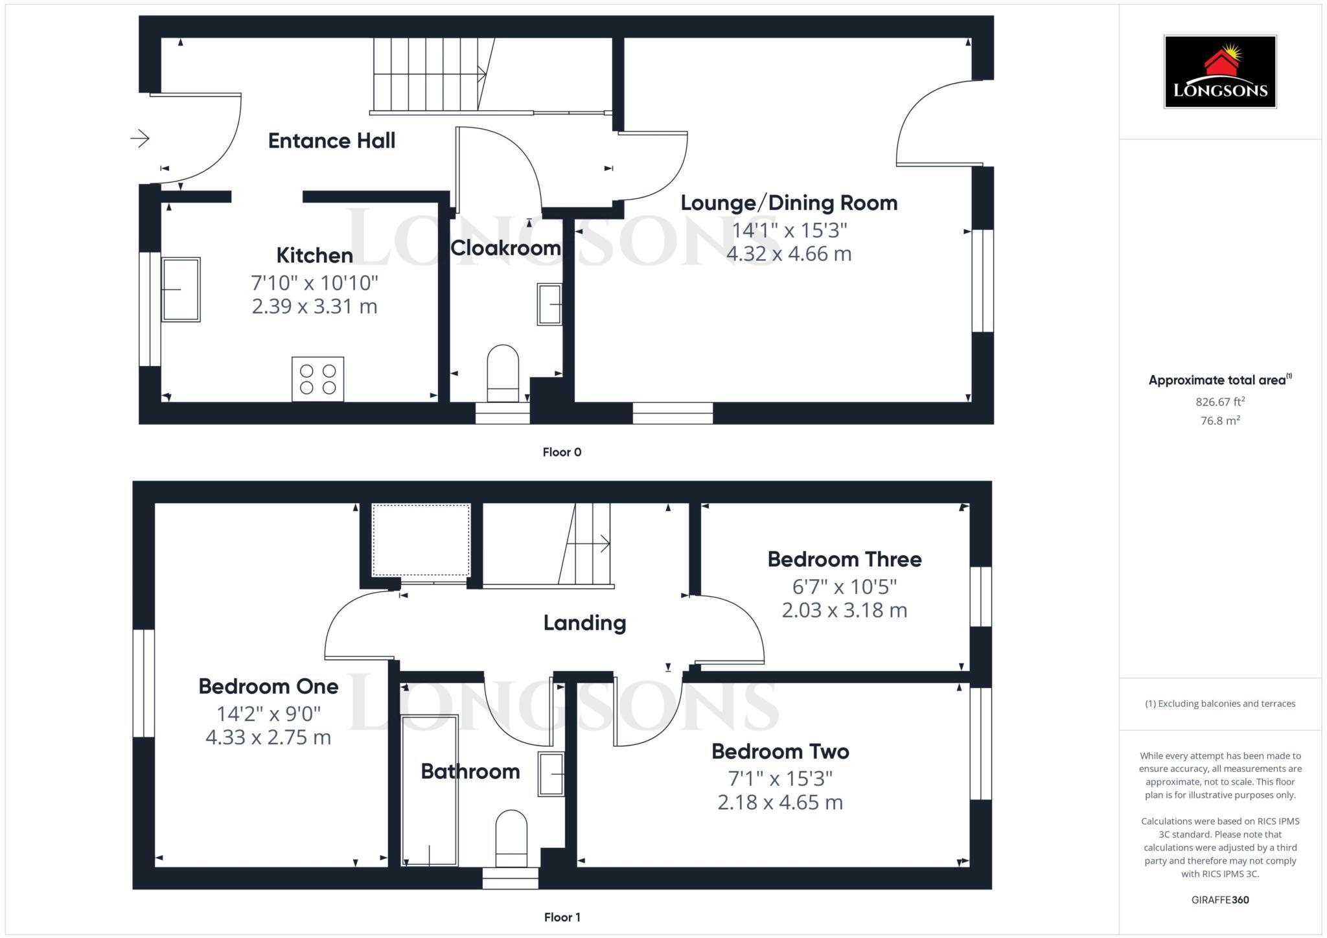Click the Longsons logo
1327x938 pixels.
coord(1219,71)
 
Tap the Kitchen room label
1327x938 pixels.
coord(314,255)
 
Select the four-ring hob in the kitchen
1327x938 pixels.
coord(317,379)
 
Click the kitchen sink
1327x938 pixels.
coord(181,290)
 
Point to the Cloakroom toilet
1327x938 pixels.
coord(503,373)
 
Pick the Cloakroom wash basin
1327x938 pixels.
coord(549,304)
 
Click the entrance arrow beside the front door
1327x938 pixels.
coord(140,138)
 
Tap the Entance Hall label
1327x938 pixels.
coord(331,141)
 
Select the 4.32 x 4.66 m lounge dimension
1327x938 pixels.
coord(789,253)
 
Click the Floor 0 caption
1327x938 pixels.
coord(562,452)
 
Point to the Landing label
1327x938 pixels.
coord(584,623)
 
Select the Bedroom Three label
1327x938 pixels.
coord(844,559)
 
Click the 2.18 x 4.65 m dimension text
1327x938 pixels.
coord(779,803)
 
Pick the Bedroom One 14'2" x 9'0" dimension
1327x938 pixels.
coord(268,714)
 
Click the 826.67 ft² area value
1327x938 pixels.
coord(1219,402)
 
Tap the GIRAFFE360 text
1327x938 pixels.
coord(1219,900)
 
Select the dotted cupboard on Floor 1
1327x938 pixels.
coord(421,540)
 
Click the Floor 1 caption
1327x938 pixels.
coord(562,917)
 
